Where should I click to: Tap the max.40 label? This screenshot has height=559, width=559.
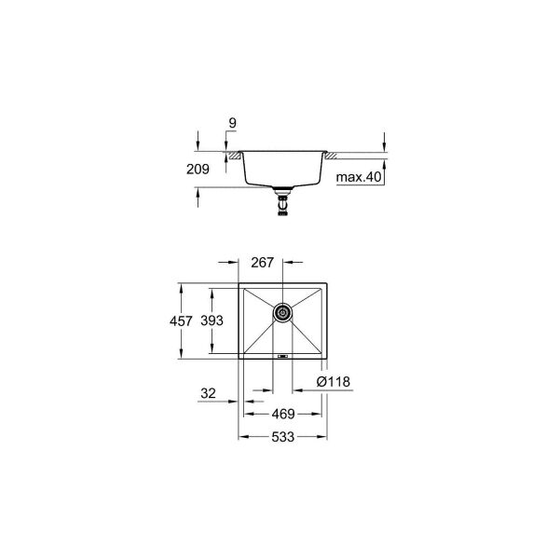pyautogui.click(x=359, y=177)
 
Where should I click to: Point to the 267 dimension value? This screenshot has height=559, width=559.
pyautogui.click(x=263, y=263)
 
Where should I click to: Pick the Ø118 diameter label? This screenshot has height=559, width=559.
pyautogui.click(x=333, y=381)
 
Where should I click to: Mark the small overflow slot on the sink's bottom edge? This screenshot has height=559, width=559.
pyautogui.click(x=283, y=354)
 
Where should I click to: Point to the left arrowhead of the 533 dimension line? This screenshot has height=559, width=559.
pyautogui.click(x=242, y=434)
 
